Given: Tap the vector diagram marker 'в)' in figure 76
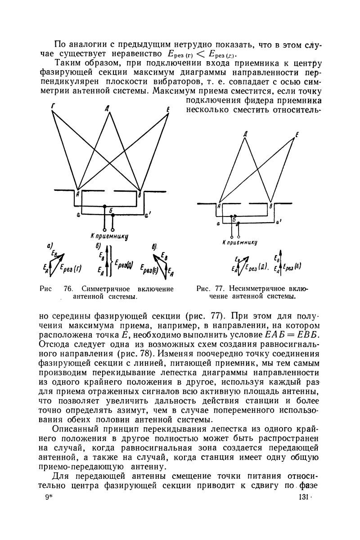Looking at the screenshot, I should (154, 246).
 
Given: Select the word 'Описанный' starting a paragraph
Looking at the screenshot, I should (75, 429).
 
